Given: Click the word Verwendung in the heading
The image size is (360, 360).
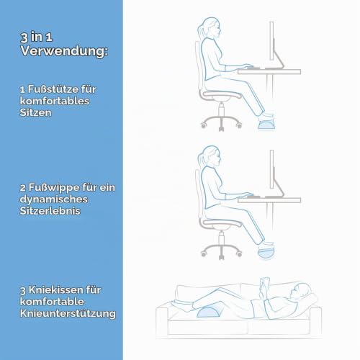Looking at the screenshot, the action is [x=64, y=51].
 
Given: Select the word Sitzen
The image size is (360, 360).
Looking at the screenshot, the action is [x=35, y=112].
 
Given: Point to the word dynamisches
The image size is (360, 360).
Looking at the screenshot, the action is [x=53, y=199].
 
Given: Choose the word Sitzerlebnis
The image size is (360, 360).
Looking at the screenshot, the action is [x=50, y=211].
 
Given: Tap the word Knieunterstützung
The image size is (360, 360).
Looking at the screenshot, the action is [x=68, y=314].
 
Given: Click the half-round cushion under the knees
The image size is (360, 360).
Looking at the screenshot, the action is [x=210, y=312].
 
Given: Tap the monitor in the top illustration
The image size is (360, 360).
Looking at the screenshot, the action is [x=271, y=41].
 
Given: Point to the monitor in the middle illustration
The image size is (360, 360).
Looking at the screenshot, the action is [x=271, y=169].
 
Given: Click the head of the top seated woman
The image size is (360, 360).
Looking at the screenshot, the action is [x=211, y=27].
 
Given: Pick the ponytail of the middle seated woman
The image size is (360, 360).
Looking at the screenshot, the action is [x=200, y=160].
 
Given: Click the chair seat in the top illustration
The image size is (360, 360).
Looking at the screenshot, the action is [x=220, y=96].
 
